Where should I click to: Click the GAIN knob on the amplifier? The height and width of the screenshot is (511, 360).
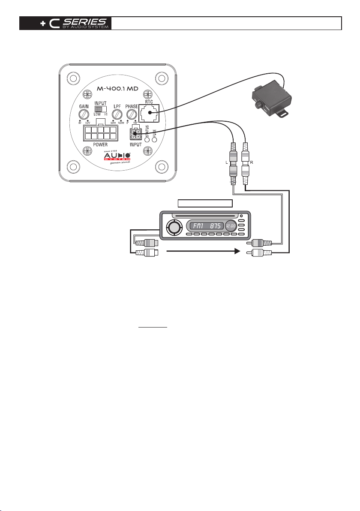pyautogui.click(x=84, y=114)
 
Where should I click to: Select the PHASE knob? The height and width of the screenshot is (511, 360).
pyautogui.click(x=132, y=114)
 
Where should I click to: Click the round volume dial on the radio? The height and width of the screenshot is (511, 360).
pyautogui.click(x=174, y=226)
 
